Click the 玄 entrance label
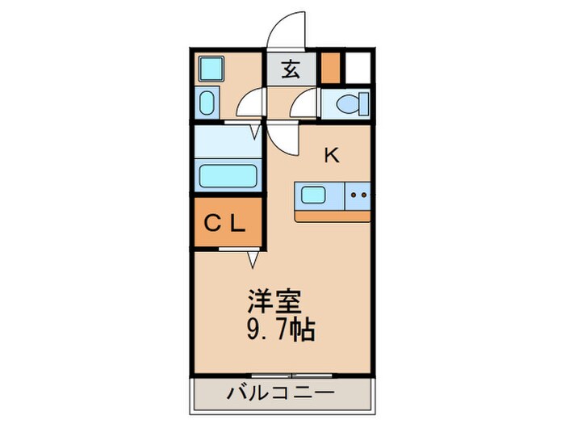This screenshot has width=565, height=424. point(291,69)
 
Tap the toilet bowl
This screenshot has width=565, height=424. point(348,104)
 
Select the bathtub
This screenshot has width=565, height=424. point(227,175)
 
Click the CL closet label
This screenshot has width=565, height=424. point(226,224)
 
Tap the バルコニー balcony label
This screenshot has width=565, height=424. point(281,396)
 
